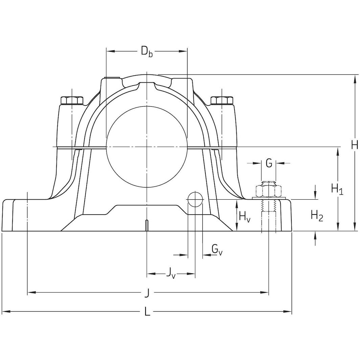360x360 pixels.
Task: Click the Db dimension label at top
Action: [x=147, y=51]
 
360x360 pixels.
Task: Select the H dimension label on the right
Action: [x=354, y=145]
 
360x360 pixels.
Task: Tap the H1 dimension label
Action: [x=337, y=189]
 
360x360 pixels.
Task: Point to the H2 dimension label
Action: [x=317, y=216]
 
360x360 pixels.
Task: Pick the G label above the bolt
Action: [x=269, y=163]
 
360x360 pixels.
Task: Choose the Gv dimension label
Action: [x=217, y=249]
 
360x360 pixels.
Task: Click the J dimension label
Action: [x=147, y=293]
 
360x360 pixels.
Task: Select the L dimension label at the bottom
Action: [x=147, y=312]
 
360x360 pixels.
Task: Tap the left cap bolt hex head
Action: [x=72, y=100]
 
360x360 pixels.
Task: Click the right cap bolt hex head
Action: [x=221, y=100]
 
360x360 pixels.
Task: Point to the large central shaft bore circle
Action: [x=147, y=147]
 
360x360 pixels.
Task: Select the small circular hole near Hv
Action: [x=195, y=199]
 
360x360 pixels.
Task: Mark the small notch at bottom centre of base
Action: [x=147, y=224]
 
